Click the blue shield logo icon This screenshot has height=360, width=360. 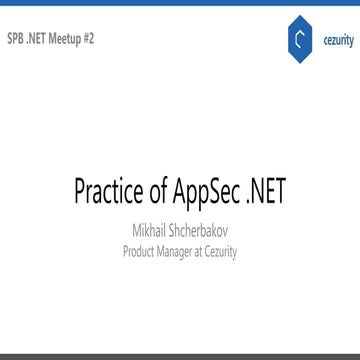(x=292, y=42)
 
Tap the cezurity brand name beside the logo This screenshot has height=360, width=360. (x=332, y=42)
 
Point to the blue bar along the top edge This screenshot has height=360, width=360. (x=180, y=3)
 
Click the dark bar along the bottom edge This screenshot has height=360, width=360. (x=180, y=356)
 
